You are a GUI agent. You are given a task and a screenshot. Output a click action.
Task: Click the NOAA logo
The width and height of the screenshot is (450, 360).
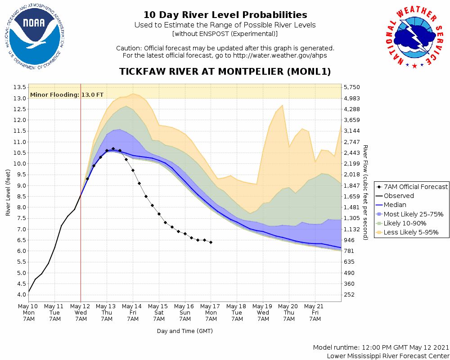click(34, 38)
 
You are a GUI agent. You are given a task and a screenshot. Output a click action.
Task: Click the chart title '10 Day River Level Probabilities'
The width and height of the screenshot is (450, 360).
click(225, 15)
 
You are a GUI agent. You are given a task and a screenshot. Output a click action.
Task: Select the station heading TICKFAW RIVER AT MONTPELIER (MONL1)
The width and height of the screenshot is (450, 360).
click(225, 72)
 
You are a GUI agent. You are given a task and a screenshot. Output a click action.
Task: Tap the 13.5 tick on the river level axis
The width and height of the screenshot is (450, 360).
click(20, 87)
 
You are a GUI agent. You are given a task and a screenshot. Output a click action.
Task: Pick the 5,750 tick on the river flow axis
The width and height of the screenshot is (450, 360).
click(351, 87)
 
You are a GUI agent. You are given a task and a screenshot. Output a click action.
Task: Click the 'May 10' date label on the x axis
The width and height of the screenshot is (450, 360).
click(28, 306)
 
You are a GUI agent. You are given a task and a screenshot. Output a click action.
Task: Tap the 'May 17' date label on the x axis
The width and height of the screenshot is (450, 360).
click(211, 306)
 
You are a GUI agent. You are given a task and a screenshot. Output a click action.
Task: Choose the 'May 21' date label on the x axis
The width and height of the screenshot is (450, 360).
click(315, 306)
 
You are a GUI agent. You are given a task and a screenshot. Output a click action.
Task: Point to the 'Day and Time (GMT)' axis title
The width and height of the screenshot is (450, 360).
click(184, 331)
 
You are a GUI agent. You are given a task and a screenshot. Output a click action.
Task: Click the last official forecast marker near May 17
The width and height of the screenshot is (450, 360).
click(211, 242)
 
